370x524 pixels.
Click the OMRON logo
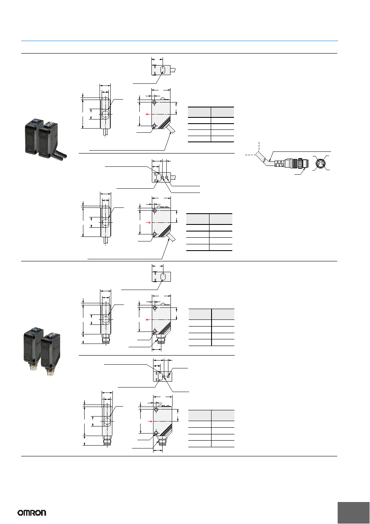[32, 513]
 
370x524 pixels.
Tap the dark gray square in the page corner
[353, 513]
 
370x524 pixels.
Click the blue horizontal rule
[179, 41]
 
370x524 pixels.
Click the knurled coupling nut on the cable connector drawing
[301, 163]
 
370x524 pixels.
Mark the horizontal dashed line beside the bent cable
[250, 155]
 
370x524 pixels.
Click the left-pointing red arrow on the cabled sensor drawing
[148, 114]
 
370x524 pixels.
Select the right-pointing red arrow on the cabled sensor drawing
[148, 222]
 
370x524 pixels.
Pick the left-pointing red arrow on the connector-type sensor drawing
[148, 319]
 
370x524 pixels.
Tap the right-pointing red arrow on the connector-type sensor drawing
[150, 421]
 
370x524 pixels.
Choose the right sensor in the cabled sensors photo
[49, 140]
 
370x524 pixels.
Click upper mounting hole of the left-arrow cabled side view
[154, 102]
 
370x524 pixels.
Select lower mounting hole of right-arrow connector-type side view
[156, 434]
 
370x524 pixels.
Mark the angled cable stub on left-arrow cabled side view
[171, 129]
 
